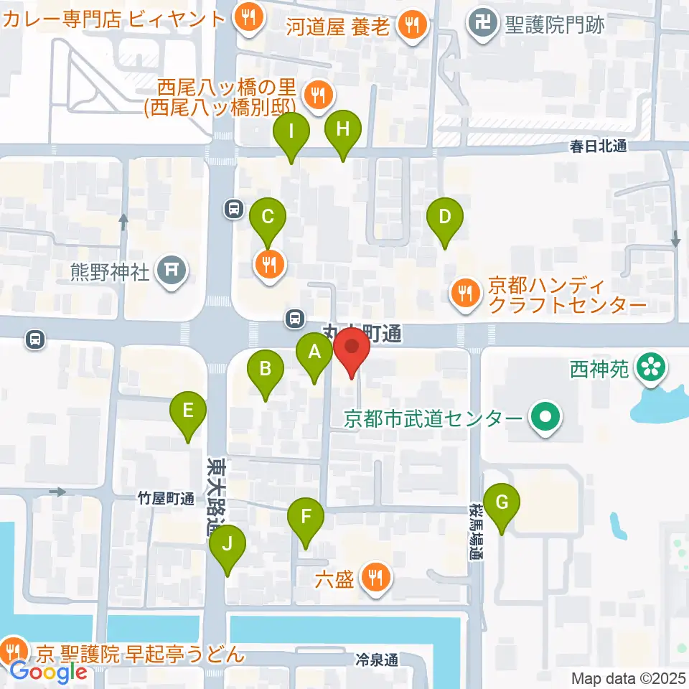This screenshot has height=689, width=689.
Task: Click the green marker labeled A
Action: (314, 352)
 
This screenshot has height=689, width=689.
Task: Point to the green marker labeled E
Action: (187, 411)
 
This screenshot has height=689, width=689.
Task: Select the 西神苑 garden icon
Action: (652, 369)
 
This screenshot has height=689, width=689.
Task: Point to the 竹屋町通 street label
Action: (167, 499)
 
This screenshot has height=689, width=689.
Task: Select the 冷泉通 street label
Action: (376, 659)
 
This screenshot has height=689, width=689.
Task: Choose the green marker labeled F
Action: (306, 517)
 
